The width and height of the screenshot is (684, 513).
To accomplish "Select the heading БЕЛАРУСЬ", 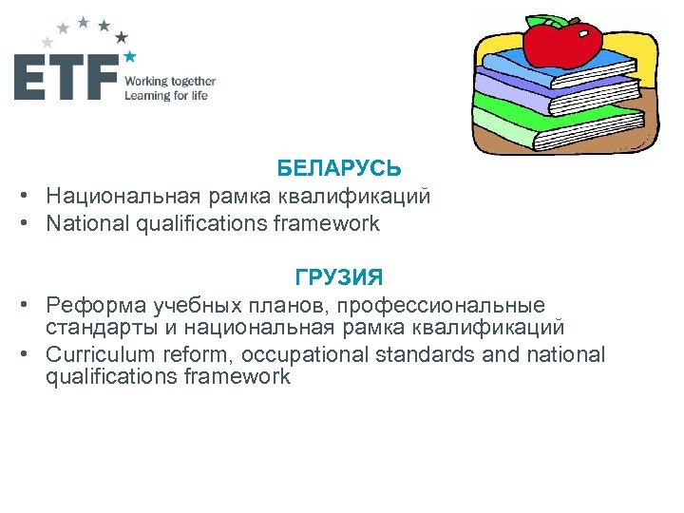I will (x=339, y=168).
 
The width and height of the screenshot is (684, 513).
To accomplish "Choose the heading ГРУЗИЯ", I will (x=339, y=277).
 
